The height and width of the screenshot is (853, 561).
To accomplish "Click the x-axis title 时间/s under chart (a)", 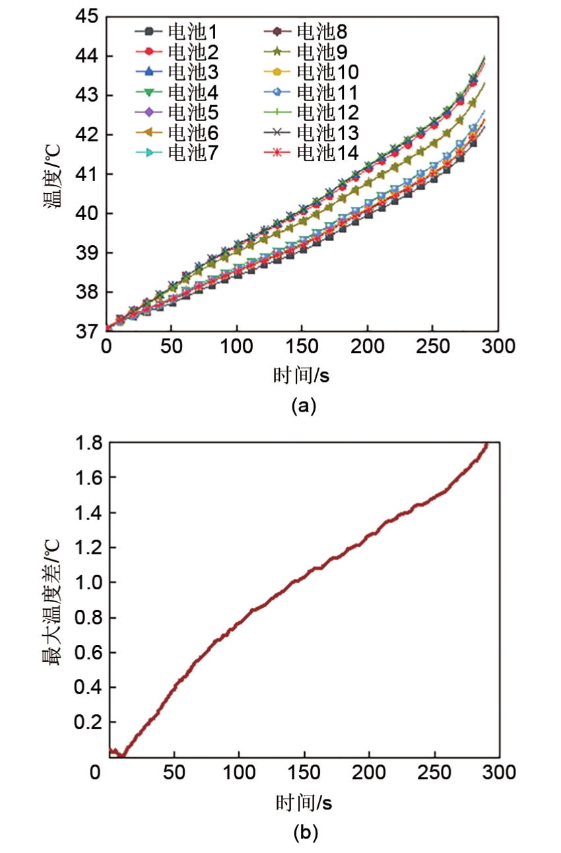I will [x=302, y=376].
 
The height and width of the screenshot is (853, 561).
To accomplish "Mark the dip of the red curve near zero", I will [x=122, y=755].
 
